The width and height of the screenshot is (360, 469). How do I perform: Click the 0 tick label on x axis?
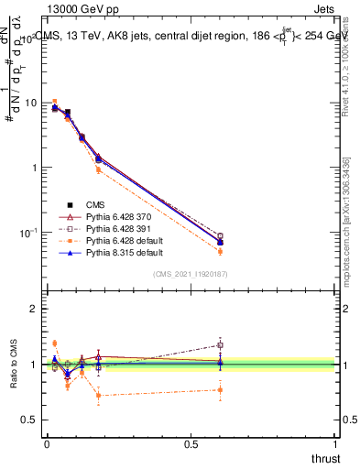coord(47,444)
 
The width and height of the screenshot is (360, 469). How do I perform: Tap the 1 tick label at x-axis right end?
coord(335,444)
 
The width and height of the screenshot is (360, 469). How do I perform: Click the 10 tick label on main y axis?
coord(30,103)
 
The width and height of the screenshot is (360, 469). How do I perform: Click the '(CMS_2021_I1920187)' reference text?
coord(191,275)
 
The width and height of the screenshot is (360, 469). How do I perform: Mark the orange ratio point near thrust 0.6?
coord(220,389)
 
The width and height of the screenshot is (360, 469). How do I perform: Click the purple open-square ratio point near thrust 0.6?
coord(220,345)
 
